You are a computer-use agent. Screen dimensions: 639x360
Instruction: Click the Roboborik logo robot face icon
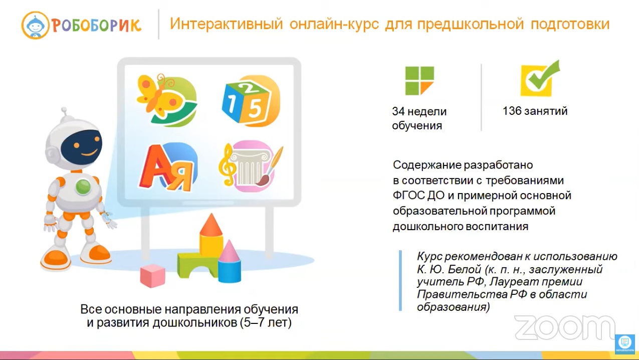point(36,25)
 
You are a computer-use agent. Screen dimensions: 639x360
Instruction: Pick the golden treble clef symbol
point(227,165)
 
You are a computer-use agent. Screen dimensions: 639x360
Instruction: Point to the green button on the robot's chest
point(83,187)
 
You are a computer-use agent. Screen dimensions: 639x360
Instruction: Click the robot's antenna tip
point(64,110)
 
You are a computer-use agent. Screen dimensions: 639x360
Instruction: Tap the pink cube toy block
point(153,275)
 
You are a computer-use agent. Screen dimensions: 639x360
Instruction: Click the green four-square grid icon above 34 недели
point(419,81)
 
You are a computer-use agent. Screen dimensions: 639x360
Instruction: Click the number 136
point(512,111)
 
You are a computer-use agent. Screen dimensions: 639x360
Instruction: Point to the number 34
point(398,111)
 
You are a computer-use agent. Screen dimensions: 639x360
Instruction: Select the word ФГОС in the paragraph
point(408,196)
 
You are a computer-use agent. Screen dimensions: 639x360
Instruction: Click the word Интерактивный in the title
point(226,24)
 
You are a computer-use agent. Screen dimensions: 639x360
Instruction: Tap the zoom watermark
point(565,328)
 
